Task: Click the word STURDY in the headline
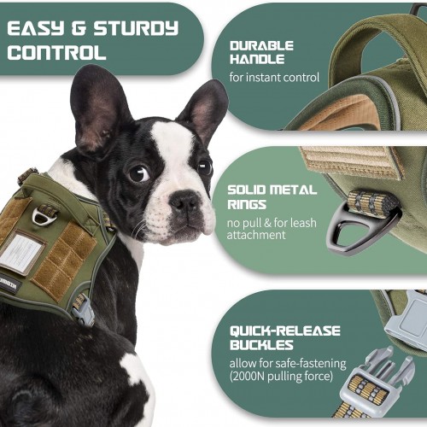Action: [x=136, y=29]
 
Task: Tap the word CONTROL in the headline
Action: [x=56, y=53]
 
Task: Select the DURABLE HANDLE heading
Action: [x=261, y=52]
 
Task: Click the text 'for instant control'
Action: [x=274, y=78]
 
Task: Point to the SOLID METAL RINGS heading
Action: [x=272, y=197]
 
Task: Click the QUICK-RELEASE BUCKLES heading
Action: [x=285, y=337]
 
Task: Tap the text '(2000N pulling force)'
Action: [x=281, y=377]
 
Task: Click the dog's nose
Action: [x=185, y=201]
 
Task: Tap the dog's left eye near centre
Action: [x=139, y=173]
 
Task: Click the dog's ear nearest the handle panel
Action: [x=202, y=109]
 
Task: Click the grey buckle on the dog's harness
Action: [x=84, y=311]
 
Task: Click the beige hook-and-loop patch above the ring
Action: [x=352, y=162]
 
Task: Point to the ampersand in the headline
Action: [x=79, y=29]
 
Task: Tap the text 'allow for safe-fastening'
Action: [x=288, y=363]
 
